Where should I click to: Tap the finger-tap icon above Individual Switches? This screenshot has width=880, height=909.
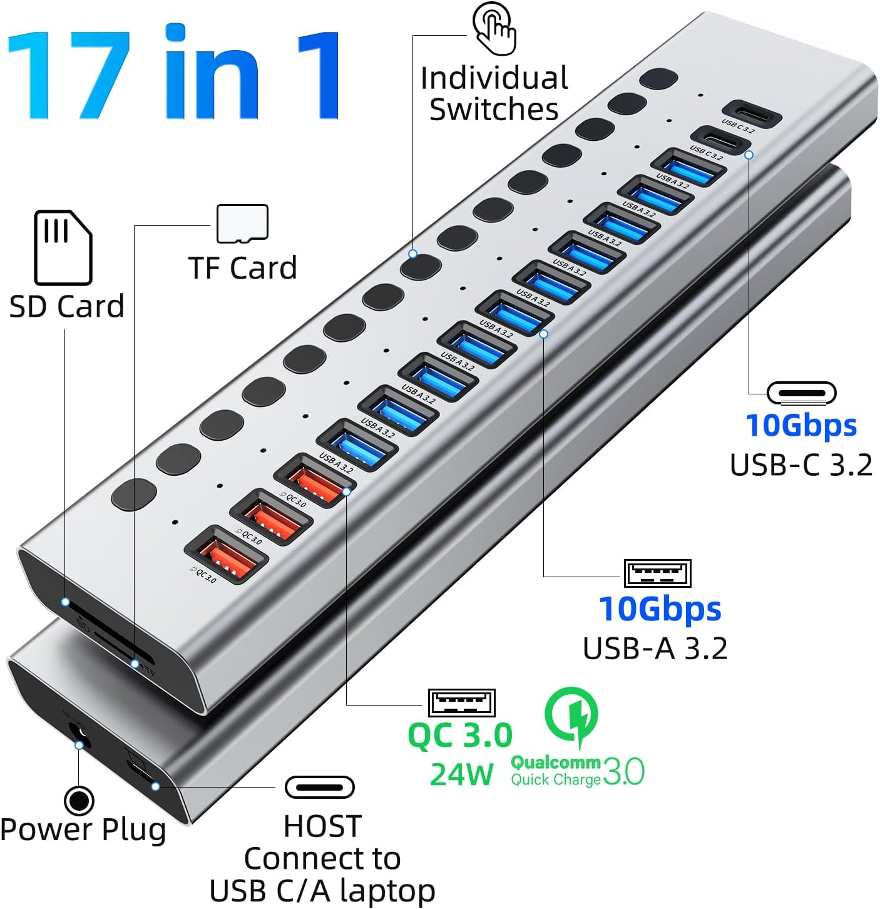[x=494, y=28]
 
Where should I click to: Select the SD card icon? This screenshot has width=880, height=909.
[x=63, y=248]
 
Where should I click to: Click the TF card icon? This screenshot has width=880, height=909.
[x=242, y=223]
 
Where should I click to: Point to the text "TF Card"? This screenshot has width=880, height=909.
[x=242, y=268]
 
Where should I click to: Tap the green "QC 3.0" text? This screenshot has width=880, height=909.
[x=459, y=735]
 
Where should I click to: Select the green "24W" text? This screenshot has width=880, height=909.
[x=461, y=774]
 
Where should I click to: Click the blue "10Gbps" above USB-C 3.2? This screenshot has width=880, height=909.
[x=801, y=426]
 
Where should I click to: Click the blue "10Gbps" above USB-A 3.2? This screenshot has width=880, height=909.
[x=660, y=609]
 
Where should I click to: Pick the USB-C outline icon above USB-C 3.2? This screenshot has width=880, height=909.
[x=801, y=393]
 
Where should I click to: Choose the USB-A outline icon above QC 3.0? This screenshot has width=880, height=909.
[x=461, y=702]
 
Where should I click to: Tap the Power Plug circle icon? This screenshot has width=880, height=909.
[x=79, y=800]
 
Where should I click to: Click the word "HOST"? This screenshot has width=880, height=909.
[x=322, y=826]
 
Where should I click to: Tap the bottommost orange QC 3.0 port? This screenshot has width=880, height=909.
[x=226, y=555]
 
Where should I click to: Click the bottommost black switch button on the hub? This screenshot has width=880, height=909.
[x=133, y=494]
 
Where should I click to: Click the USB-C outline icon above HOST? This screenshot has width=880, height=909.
[x=319, y=787]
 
